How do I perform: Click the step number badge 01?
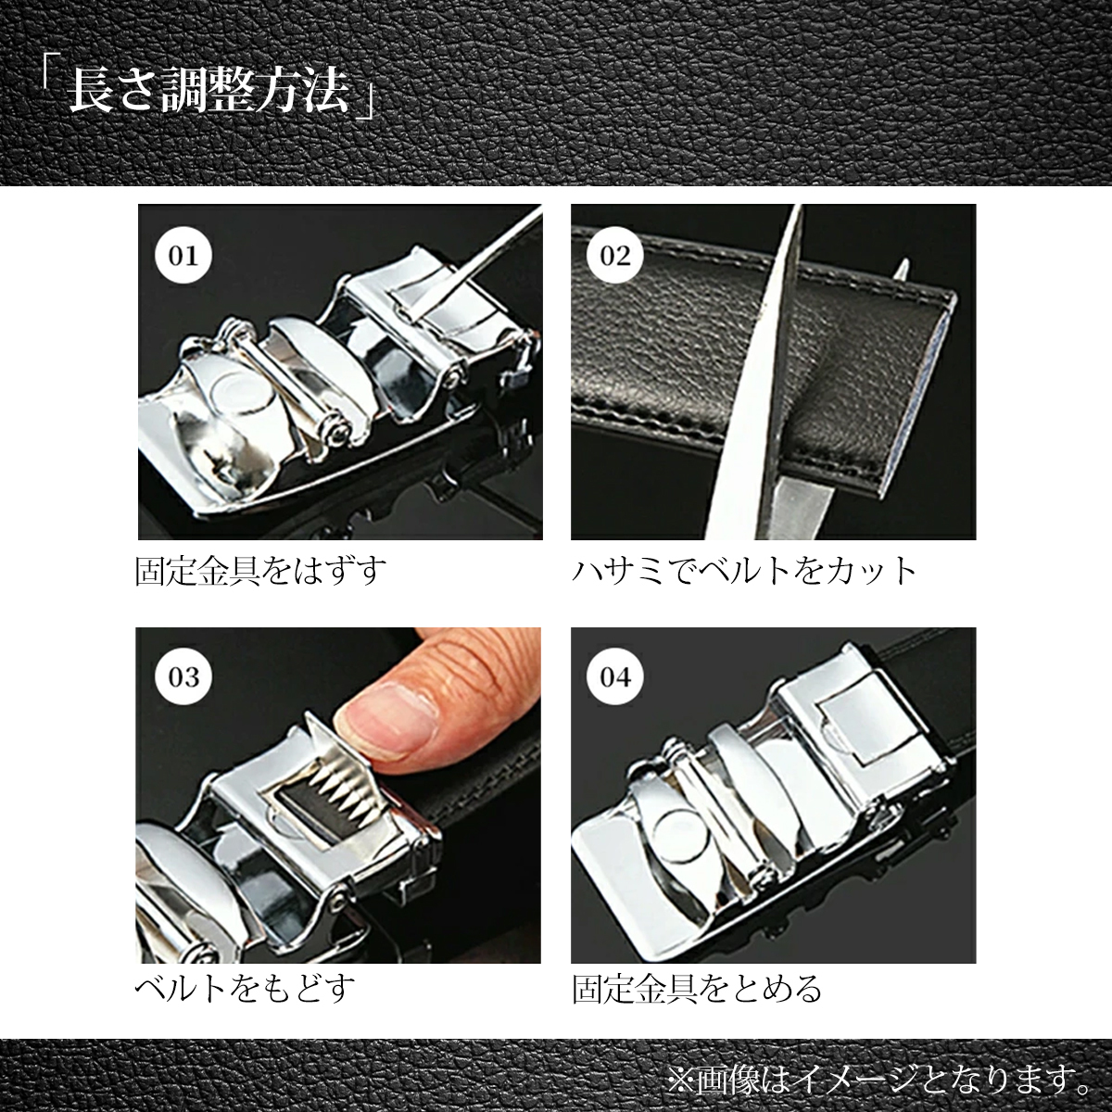tap(183, 255)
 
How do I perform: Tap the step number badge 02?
tap(615, 255)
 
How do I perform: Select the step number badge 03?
tap(183, 676)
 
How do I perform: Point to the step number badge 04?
tap(615, 676)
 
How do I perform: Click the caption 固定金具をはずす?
tap(260, 571)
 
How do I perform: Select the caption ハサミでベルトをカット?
tap(744, 571)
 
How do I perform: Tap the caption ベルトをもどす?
tap(246, 989)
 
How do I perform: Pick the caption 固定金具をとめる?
tap(697, 989)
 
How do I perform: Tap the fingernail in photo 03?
tap(385, 714)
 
